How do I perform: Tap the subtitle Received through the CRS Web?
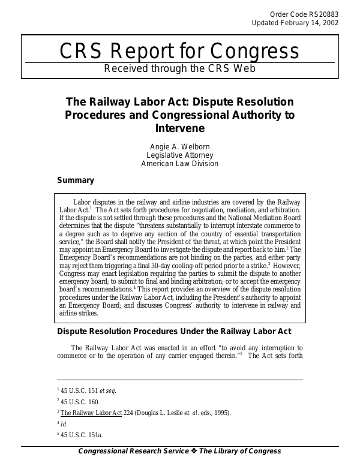[x=179, y=68]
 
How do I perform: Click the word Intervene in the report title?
[x=179, y=128]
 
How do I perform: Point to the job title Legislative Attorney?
[x=179, y=155]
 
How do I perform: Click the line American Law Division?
[x=179, y=163]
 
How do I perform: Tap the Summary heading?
[x=75, y=180]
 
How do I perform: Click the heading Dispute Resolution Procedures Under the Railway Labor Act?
[x=174, y=331]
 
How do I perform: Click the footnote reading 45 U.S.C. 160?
[x=79, y=402]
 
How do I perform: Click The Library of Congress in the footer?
[x=239, y=451]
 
